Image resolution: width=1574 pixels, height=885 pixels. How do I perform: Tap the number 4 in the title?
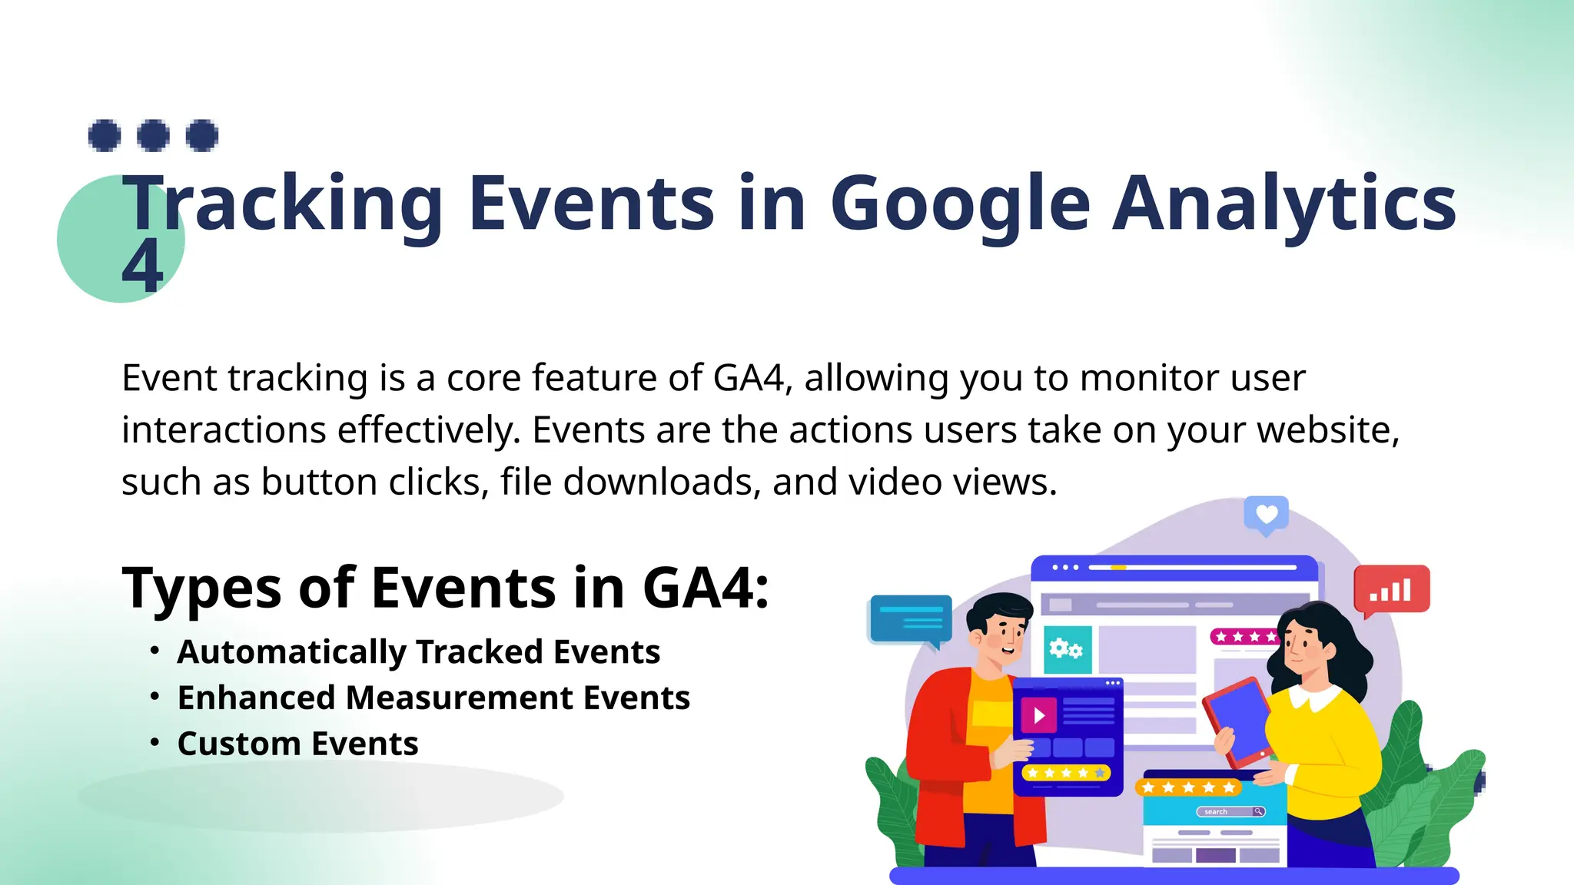point(143,266)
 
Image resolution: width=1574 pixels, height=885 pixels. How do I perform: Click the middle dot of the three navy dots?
point(154,136)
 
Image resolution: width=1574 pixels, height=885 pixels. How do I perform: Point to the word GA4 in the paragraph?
point(749,378)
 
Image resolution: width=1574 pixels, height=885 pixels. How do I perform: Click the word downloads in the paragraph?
point(662,482)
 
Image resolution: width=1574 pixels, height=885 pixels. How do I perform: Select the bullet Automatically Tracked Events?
point(418,652)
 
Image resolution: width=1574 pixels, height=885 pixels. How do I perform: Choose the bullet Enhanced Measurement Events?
point(433,698)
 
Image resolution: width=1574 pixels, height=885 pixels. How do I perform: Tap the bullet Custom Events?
point(297,744)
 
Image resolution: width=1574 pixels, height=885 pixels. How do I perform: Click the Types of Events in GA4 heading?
point(445,588)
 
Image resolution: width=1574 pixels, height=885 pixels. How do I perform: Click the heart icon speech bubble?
point(1266,515)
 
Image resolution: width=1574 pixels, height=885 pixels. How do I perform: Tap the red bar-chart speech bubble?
point(1391,590)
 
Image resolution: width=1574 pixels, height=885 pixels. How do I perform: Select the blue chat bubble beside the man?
point(911,618)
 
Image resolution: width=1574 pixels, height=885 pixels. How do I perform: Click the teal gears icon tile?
point(1067,650)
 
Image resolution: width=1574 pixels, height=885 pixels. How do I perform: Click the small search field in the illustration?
point(1230,811)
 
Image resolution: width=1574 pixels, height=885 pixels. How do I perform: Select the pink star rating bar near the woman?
point(1242,637)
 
